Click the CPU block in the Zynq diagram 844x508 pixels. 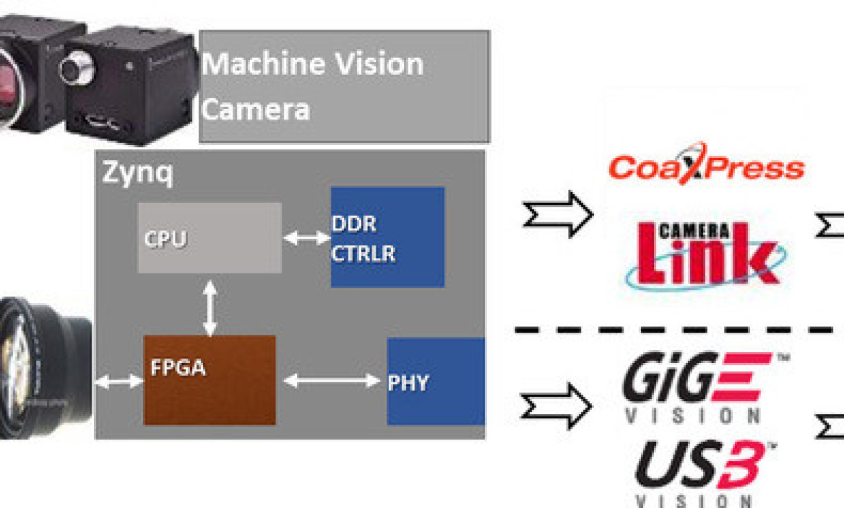(x=209, y=238)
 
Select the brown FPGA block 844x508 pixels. (x=210, y=380)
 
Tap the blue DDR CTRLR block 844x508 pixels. (x=388, y=237)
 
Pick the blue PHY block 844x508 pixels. (x=435, y=381)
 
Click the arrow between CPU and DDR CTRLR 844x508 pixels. (x=306, y=238)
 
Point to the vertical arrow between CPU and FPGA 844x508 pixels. (x=210, y=308)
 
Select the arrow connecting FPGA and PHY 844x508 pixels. (x=331, y=381)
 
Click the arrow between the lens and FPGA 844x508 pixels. (x=119, y=382)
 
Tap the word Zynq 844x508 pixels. (x=137, y=173)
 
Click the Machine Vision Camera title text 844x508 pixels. (x=312, y=86)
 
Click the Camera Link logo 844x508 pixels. (x=706, y=253)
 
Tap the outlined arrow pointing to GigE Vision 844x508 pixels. (x=557, y=406)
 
